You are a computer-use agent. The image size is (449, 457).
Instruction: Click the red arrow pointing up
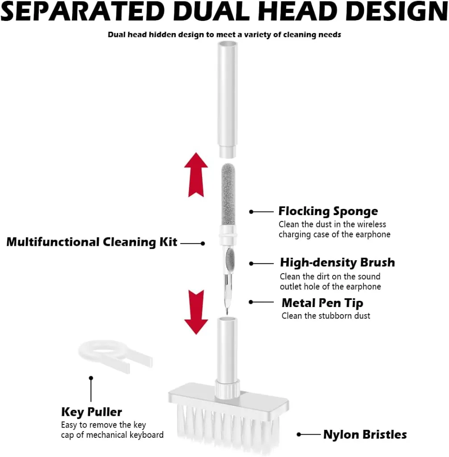196,175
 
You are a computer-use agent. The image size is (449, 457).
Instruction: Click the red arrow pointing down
196,312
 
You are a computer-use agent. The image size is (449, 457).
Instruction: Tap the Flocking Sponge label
328,212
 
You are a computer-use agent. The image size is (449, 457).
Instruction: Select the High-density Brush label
338,262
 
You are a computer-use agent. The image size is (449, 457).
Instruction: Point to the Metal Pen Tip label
322,303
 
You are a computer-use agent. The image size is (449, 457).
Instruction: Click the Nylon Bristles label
365,435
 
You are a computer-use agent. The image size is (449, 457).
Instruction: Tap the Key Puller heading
91,412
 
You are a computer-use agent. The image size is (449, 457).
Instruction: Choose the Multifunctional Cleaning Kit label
92,242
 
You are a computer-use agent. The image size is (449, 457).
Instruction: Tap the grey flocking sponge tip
228,194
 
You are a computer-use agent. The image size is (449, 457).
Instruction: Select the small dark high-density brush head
230,259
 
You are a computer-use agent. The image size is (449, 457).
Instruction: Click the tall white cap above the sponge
228,100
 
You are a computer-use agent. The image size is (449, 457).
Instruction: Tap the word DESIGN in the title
398,11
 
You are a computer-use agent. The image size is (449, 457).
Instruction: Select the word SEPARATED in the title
82,11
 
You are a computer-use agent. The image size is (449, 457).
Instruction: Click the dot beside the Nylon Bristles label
299,435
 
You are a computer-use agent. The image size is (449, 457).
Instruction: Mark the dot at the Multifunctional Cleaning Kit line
203,243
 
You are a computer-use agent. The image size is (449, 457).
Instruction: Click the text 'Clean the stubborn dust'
325,316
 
